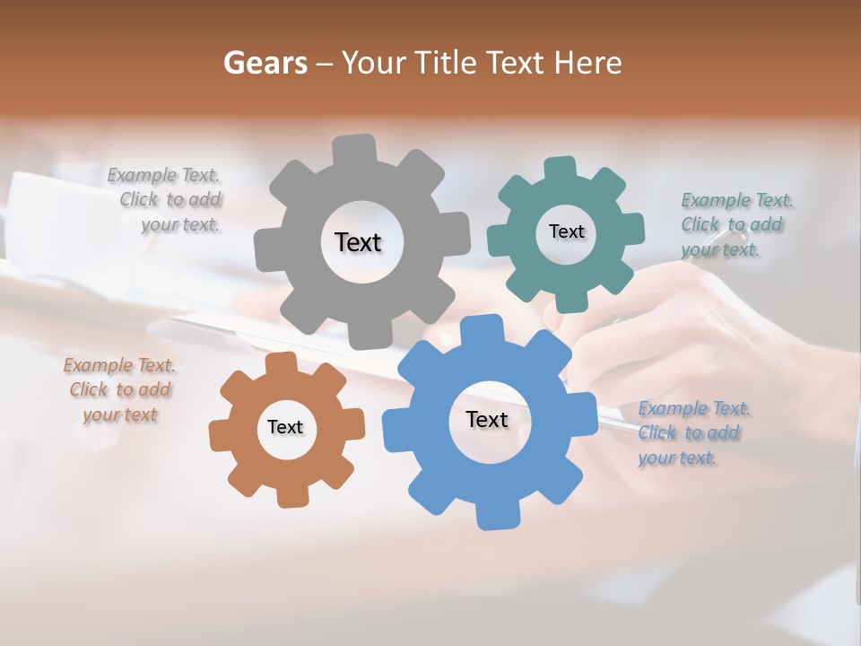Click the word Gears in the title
[265, 63]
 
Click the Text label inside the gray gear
[358, 242]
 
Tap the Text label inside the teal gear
[566, 231]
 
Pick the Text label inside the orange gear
[285, 427]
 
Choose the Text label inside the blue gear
[487, 419]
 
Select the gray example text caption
[166, 200]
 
